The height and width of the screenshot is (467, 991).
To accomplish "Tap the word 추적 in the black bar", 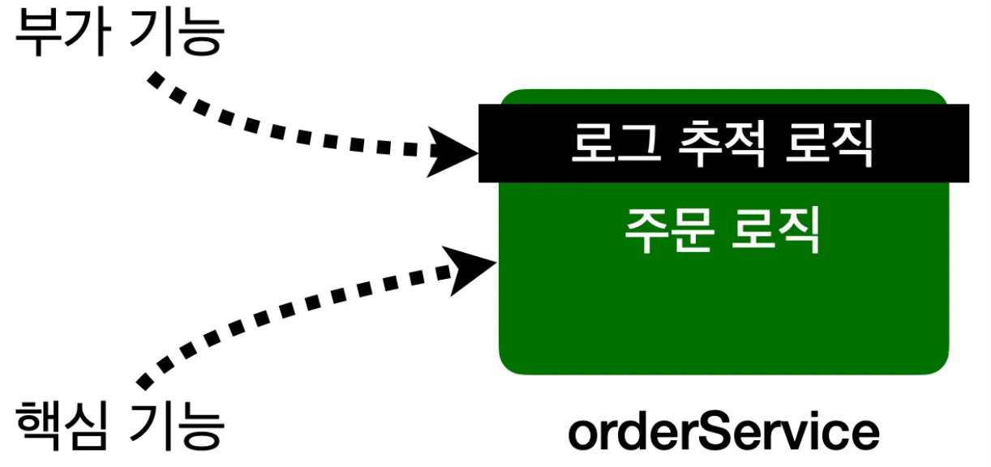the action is pyautogui.click(x=719, y=144).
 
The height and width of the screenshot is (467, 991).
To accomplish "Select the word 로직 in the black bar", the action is pyautogui.click(x=829, y=144).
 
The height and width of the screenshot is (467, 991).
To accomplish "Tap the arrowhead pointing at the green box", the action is pyautogui.click(x=470, y=269).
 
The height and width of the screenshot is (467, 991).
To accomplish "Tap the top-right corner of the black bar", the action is pyautogui.click(x=967, y=106).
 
